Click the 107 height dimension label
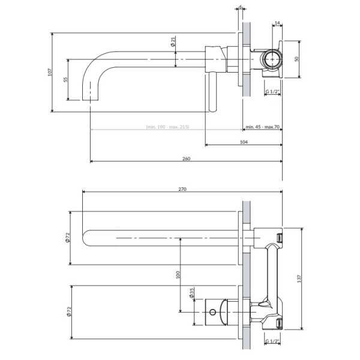[49, 72]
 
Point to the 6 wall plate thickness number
[240, 7]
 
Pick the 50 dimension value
[296, 59]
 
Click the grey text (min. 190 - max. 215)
[167, 127]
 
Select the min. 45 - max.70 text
[263, 127]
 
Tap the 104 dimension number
[243, 142]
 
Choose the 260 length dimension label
[185, 158]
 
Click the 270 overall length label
[182, 189]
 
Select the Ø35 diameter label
[191, 296]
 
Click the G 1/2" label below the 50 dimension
[272, 91]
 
